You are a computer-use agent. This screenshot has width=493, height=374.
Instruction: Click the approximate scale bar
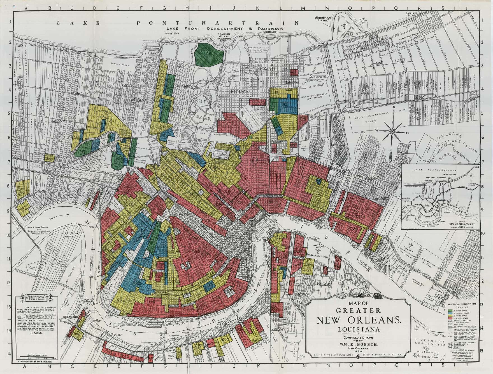36,357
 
